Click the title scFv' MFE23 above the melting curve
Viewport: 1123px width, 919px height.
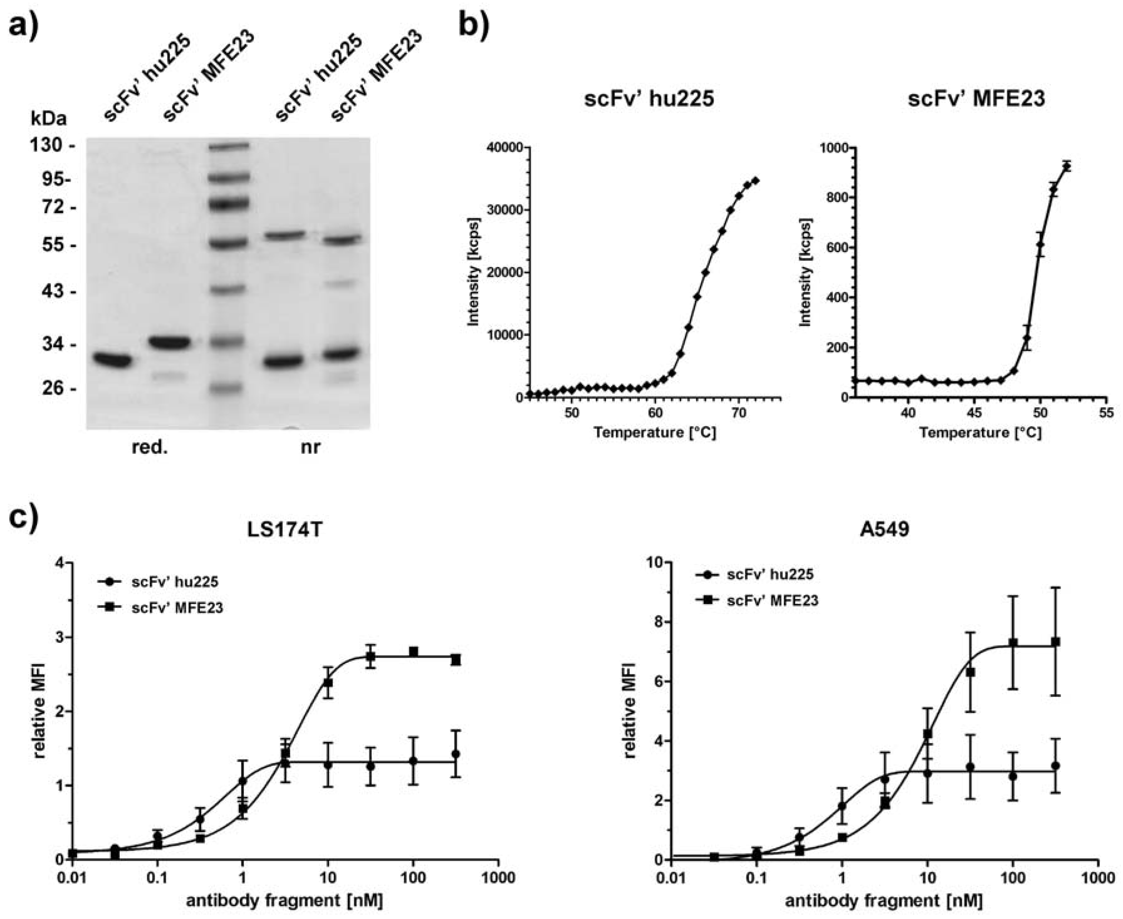coord(976,99)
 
